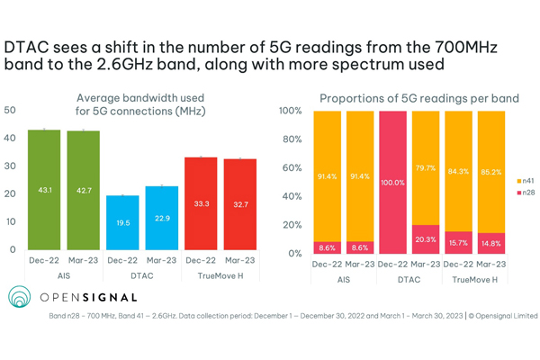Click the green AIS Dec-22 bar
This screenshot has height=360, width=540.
click(44, 189)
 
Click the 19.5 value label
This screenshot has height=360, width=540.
click(122, 230)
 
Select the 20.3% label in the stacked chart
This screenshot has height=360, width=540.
click(428, 239)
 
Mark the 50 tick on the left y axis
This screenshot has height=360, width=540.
click(11, 110)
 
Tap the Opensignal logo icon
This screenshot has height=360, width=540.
click(19, 298)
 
